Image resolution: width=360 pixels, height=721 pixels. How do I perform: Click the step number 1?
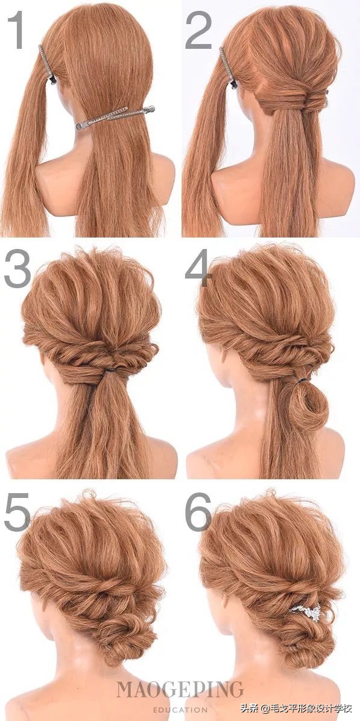coord(16,30)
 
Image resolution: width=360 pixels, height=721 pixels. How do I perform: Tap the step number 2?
coord(198,30)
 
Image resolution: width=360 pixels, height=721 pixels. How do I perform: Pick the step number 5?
coord(17,512)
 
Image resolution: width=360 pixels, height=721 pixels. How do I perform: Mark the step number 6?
coord(198,512)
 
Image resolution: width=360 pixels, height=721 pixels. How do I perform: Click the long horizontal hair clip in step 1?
coord(115,117)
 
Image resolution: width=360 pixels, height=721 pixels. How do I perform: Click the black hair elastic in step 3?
coord(109,370)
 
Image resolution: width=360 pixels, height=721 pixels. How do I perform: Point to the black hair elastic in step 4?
coord(301,380)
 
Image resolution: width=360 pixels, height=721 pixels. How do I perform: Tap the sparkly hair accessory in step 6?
coord(306,611)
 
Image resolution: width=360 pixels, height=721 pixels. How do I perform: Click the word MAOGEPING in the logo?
coord(180,689)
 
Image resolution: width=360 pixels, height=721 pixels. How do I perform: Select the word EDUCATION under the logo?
coord(180,710)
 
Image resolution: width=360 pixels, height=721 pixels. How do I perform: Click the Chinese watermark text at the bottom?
coord(299,708)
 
